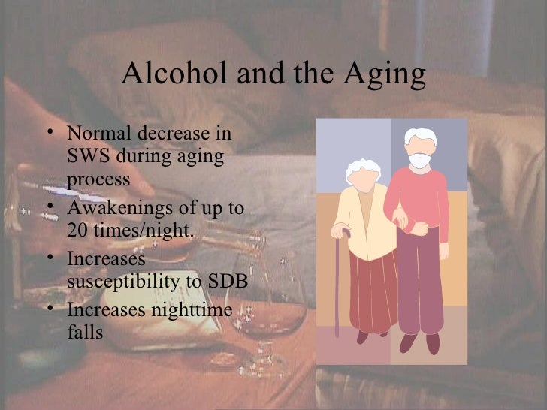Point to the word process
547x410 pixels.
[x=98, y=181]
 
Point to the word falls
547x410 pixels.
[x=84, y=331]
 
